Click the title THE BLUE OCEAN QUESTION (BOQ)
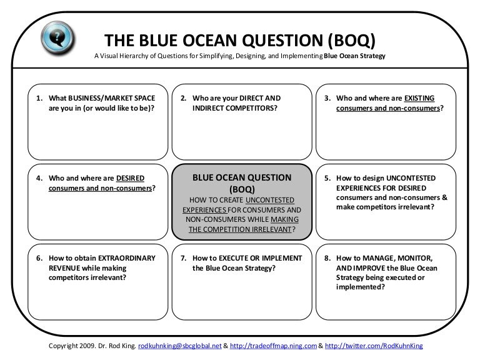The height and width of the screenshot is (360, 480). coord(240,41)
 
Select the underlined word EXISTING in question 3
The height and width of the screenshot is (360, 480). coord(419,98)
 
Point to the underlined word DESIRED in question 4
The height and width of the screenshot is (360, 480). coord(131,177)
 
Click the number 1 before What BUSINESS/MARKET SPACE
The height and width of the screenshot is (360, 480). coord(38,98)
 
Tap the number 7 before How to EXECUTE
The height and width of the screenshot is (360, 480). coord(182,258)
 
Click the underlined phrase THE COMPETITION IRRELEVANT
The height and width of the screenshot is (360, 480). coord(239,229)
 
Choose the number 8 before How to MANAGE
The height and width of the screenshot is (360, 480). coord(326,258)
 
